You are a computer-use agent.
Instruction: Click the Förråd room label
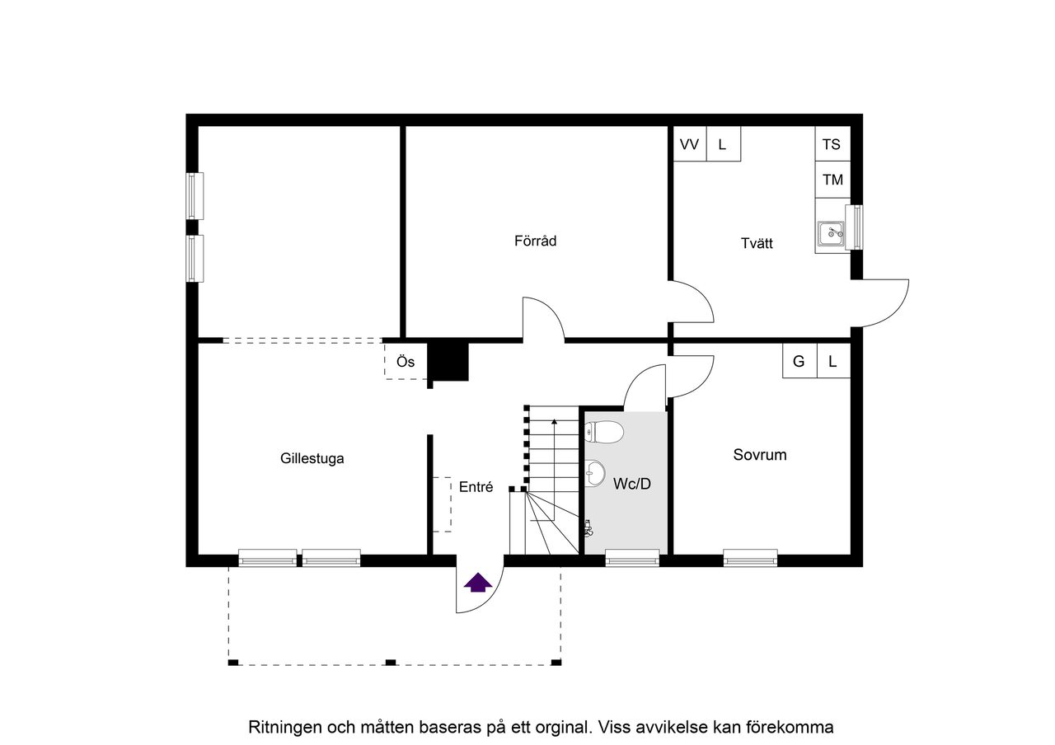[535, 241]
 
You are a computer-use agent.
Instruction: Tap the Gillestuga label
[312, 458]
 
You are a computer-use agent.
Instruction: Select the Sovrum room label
[760, 454]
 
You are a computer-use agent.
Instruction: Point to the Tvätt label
[757, 243]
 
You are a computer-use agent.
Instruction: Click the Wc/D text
[631, 484]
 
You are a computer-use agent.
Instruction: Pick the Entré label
[476, 487]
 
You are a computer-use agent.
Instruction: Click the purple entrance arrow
[478, 582]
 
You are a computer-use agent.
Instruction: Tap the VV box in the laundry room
[690, 143]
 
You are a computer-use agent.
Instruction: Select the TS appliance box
[832, 143]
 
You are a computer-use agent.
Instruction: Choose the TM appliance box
[832, 180]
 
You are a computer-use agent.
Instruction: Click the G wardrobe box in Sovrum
[799, 361]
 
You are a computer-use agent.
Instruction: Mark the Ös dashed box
[406, 361]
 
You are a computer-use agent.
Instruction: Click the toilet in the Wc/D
[604, 432]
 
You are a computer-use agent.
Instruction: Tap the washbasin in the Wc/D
[595, 472]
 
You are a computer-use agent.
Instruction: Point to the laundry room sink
[830, 233]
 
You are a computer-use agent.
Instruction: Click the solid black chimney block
[448, 361]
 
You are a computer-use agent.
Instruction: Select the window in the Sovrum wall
[750, 558]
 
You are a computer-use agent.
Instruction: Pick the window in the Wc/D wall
[632, 558]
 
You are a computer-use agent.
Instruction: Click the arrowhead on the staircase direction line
[555, 421]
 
